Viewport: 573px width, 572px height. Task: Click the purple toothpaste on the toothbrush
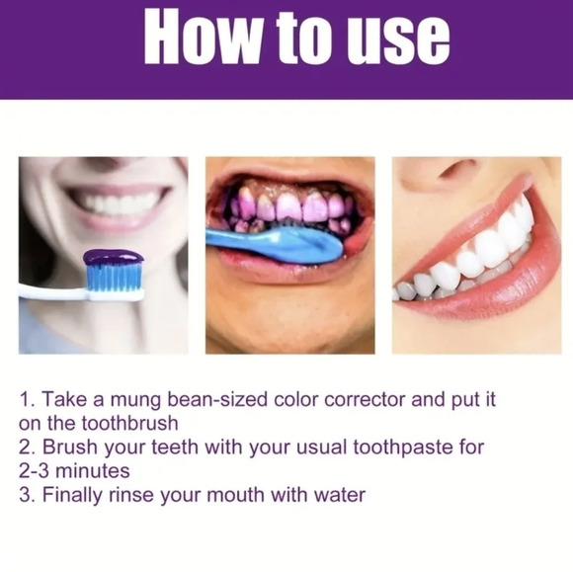pos(114,257)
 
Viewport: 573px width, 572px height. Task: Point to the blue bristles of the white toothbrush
pos(114,278)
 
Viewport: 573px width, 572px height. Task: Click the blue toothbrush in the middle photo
pos(274,244)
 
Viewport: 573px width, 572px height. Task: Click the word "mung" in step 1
pos(135,400)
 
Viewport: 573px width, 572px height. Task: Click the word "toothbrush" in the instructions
pos(129,423)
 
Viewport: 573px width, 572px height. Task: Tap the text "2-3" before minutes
pos(34,471)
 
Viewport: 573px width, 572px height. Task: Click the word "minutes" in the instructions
pos(93,471)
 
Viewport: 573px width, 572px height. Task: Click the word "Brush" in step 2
pos(70,448)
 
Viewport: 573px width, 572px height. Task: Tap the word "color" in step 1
pos(295,399)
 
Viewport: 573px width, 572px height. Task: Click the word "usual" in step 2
pos(321,448)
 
